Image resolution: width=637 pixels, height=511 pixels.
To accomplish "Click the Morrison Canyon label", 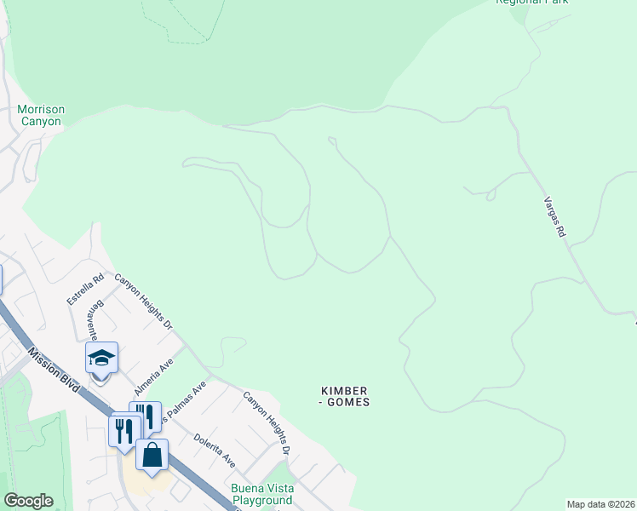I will pos(40,115).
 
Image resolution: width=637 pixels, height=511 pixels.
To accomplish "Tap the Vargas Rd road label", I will pos(554,217).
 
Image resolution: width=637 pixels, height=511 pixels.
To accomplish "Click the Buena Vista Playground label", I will pos(262,494).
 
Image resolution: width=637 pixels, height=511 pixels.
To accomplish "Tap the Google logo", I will pos(28,501).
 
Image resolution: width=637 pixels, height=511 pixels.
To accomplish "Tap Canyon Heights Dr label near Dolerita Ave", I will pos(267,422).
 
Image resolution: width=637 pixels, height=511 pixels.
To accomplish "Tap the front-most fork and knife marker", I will pos(124,432).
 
